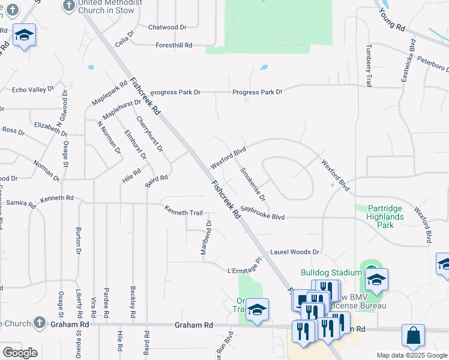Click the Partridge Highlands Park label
click(x=385, y=217)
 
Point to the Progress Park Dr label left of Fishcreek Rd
click(x=175, y=92)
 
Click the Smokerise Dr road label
click(x=253, y=184)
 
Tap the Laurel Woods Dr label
click(x=294, y=253)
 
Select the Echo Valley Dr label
click(x=33, y=90)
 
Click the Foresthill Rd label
click(x=173, y=45)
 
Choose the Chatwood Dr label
click(x=167, y=27)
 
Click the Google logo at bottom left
click(x=20, y=352)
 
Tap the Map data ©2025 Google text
click(x=411, y=355)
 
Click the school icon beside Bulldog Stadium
click(x=376, y=279)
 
